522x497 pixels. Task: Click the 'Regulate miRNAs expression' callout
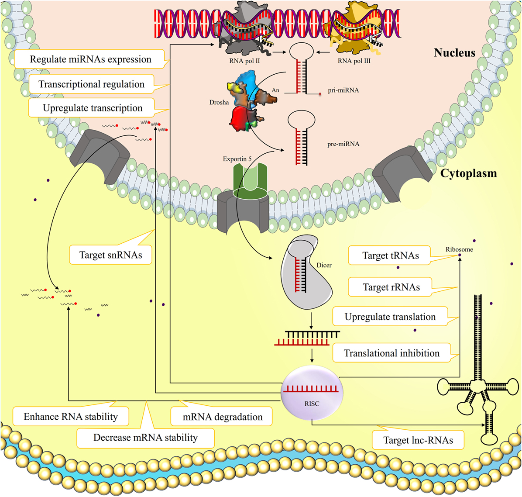pyautogui.click(x=90, y=59)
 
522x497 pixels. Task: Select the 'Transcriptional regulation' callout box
pyautogui.click(x=91, y=84)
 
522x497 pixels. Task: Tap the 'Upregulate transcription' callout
pyautogui.click(x=93, y=108)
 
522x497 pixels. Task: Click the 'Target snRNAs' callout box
pyautogui.click(x=110, y=255)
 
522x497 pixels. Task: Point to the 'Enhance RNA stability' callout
pyautogui.click(x=71, y=417)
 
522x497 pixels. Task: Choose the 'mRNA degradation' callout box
pyautogui.click(x=223, y=417)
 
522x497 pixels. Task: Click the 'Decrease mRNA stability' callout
pyautogui.click(x=145, y=438)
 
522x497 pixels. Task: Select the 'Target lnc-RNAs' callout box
pyautogui.click(x=418, y=440)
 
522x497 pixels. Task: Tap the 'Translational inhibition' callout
pyautogui.click(x=391, y=353)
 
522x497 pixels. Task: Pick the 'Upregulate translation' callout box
pyautogui.click(x=390, y=317)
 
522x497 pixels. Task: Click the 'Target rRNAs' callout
pyautogui.click(x=391, y=287)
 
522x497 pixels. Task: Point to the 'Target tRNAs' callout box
pyautogui.click(x=390, y=256)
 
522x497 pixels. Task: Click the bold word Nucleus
pyautogui.click(x=454, y=53)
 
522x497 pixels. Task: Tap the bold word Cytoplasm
pyautogui.click(x=468, y=173)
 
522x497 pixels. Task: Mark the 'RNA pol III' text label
pyautogui.click(x=354, y=61)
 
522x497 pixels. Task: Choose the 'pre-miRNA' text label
pyautogui.click(x=343, y=144)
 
